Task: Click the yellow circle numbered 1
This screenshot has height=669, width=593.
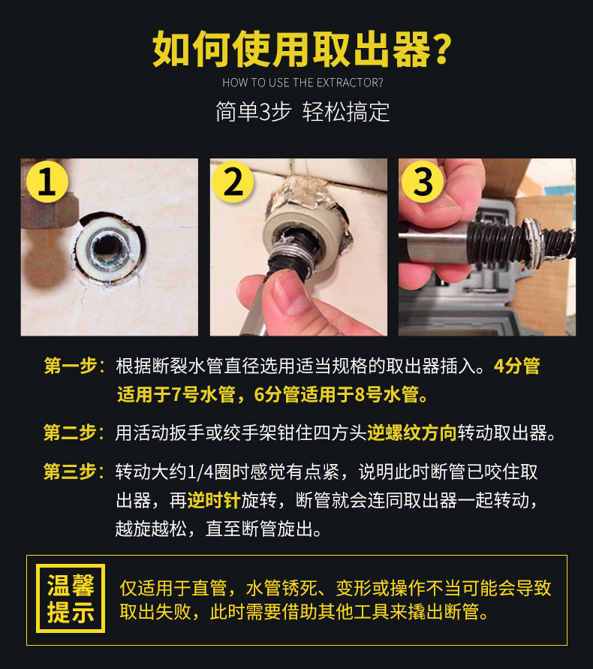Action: pyautogui.click(x=47, y=182)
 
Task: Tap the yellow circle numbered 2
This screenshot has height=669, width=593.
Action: pyautogui.click(x=233, y=182)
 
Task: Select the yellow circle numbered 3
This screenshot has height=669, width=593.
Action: pyautogui.click(x=423, y=182)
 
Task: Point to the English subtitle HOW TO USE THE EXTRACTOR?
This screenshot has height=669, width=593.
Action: pyautogui.click(x=303, y=83)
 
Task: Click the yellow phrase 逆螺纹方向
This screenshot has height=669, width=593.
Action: pyautogui.click(x=411, y=432)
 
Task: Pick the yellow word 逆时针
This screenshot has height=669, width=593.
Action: pyautogui.click(x=214, y=500)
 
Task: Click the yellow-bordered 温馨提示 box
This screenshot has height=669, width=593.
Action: pyautogui.click(x=71, y=598)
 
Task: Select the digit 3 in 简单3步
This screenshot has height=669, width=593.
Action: pyautogui.click(x=266, y=113)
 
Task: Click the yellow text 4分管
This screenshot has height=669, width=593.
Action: pyautogui.click(x=517, y=366)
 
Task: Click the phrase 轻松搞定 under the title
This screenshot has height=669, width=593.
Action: pyautogui.click(x=346, y=113)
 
